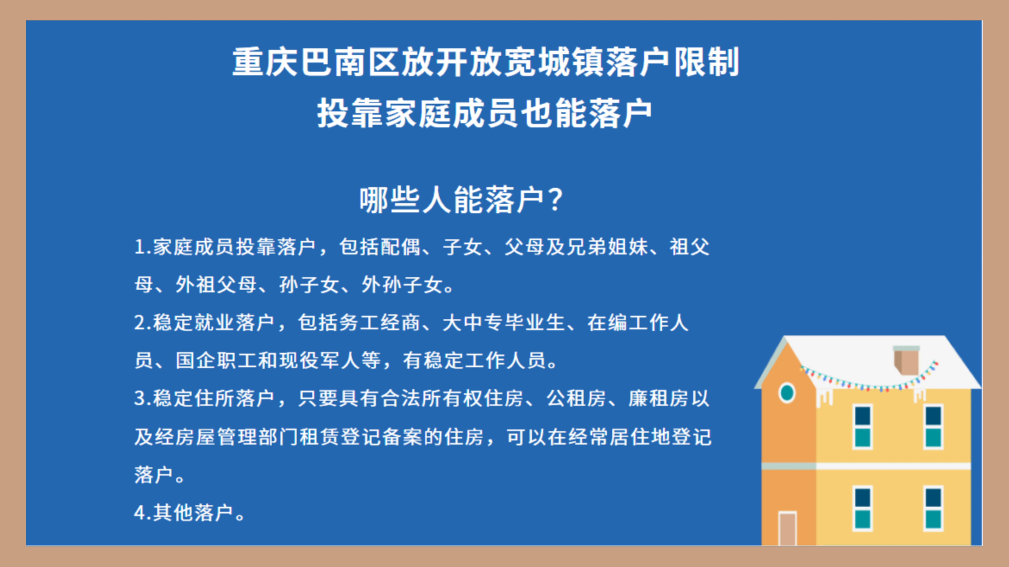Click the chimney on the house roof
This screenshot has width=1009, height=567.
tap(906, 360)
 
